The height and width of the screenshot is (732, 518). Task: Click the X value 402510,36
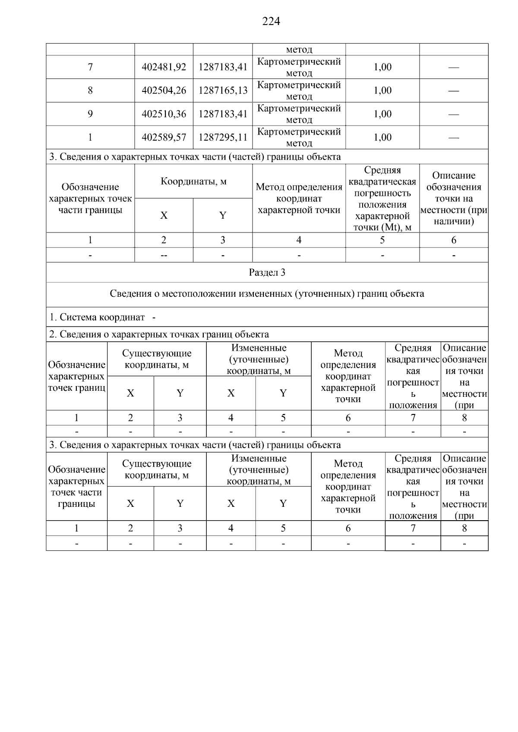164,114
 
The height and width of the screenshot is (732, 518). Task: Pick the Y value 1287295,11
223,137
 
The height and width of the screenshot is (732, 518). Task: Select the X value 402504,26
164,91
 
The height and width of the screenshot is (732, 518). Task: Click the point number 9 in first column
90,114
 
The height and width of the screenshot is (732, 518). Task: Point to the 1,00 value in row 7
382,67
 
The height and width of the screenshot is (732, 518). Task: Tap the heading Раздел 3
267,273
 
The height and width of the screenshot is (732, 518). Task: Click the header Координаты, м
193,181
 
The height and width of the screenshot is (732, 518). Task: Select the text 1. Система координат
97,317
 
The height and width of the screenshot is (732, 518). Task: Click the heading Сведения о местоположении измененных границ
267,294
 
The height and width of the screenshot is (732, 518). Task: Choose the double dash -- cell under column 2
164,255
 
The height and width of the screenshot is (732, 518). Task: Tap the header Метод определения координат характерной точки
299,198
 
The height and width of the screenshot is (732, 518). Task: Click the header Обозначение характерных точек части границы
90,198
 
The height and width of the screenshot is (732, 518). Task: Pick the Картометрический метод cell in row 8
299,91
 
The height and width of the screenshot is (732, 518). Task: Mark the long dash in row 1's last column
454,138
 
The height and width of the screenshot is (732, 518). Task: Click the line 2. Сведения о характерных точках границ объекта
159,334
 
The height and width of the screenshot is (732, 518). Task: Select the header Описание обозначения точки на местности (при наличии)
454,198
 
